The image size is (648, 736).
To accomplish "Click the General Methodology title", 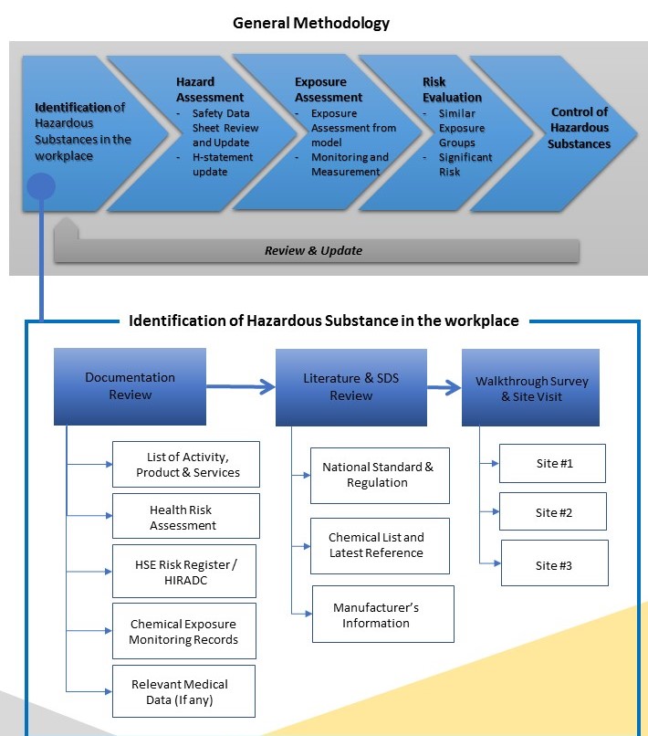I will coord(311,23).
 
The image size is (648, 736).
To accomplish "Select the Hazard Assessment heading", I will coord(209,89).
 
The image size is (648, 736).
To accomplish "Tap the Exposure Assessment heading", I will coord(328,89).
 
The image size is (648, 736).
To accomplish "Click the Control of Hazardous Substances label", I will coord(580,128).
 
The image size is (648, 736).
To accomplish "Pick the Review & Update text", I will coord(313,250).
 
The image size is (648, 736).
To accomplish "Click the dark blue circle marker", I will coord(41,187).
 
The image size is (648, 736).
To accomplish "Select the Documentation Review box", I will coord(130,385).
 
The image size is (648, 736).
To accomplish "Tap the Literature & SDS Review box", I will coord(351,386).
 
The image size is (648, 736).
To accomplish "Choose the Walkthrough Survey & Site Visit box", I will coord(531,389).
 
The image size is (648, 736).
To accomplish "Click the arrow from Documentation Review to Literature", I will coord(241,387).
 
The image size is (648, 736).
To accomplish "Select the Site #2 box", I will coord(553,512).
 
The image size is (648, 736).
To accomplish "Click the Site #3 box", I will coord(553,565).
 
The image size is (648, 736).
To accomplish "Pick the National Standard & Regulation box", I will coord(379,475).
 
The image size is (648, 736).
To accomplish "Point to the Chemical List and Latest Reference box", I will coord(376,545).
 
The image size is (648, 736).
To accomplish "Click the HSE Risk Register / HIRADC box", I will coord(185,572).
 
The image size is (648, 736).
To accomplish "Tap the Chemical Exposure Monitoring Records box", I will coord(183,632).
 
